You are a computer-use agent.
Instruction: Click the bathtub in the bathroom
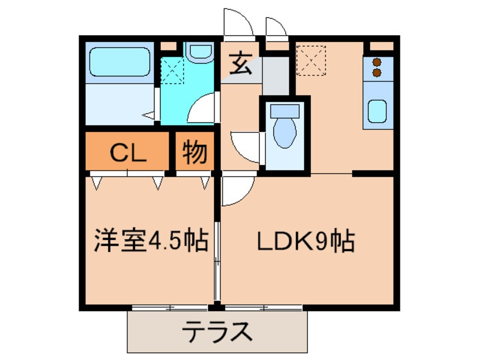(x=117, y=62)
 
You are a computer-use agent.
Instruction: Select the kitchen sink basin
(x=377, y=111)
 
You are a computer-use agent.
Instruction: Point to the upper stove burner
(x=376, y=62)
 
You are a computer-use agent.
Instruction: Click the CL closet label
(x=128, y=151)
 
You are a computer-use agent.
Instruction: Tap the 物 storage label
(x=195, y=151)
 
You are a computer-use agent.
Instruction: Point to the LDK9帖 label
(x=306, y=242)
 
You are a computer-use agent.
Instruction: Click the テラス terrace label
(x=217, y=331)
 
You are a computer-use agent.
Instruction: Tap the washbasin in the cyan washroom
(x=198, y=52)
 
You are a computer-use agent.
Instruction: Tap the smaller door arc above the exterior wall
(x=276, y=27)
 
